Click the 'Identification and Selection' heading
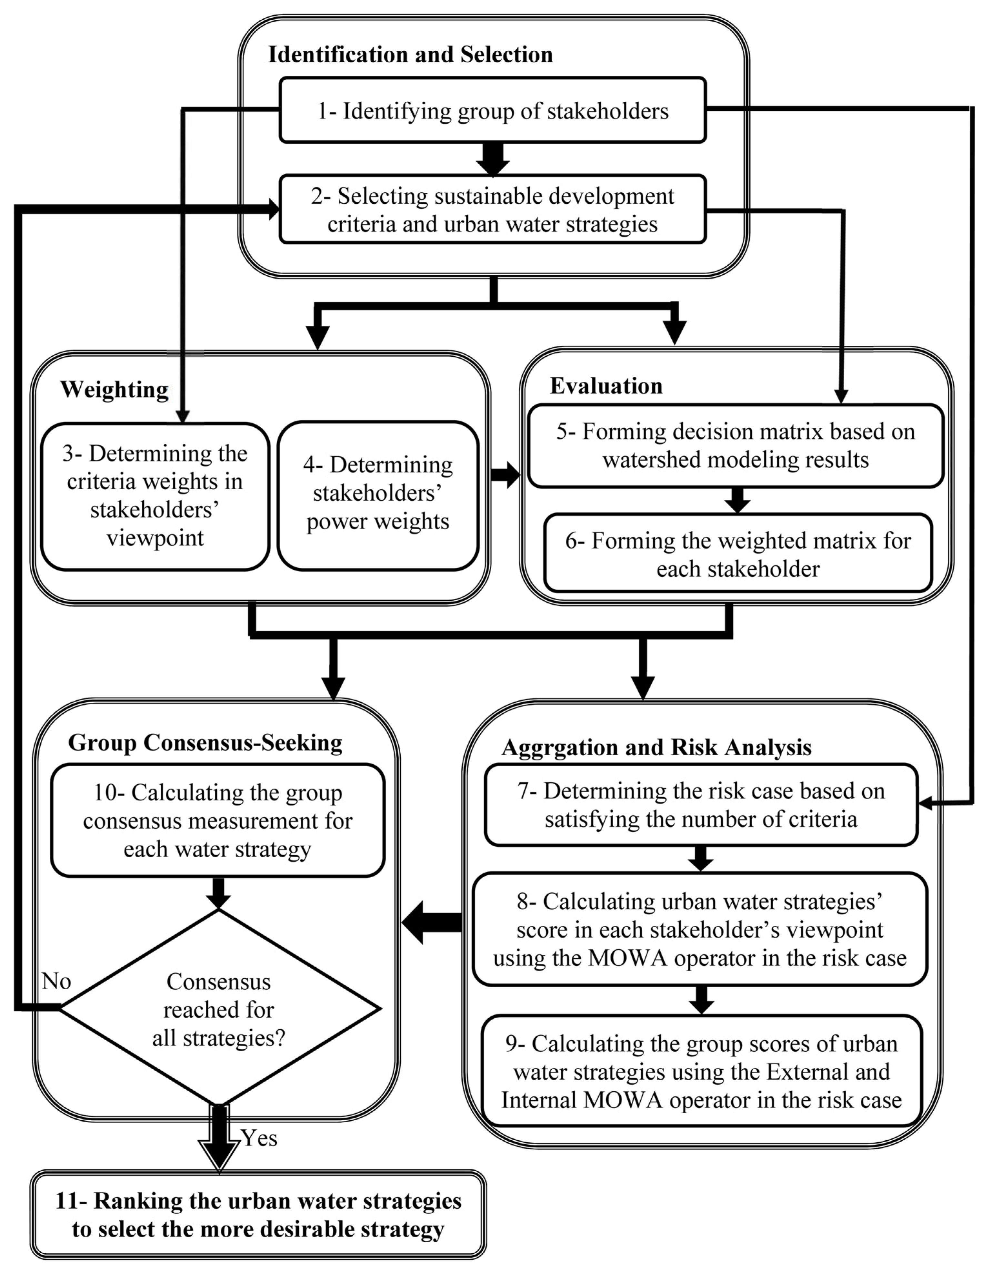click(x=410, y=55)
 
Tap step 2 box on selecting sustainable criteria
click(x=493, y=210)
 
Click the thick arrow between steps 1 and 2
click(x=493, y=158)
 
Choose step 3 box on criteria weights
click(x=155, y=496)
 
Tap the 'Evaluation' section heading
click(x=606, y=386)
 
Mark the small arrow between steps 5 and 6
click(x=737, y=500)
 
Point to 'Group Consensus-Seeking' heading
click(x=205, y=743)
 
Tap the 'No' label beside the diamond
click(x=56, y=982)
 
